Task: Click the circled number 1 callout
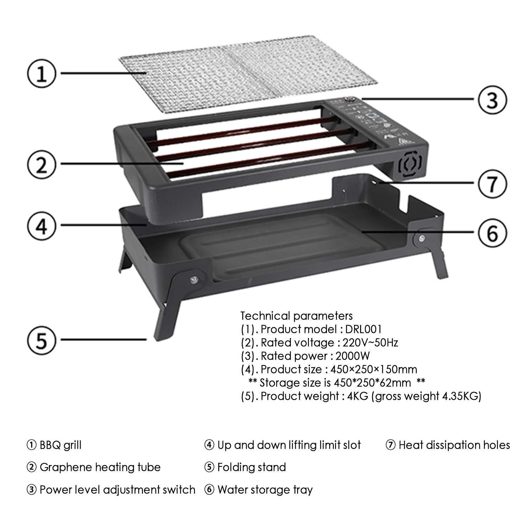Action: click(42, 73)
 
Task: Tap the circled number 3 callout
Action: click(492, 100)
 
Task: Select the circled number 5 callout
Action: click(42, 340)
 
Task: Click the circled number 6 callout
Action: click(492, 233)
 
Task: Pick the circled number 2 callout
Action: click(42, 164)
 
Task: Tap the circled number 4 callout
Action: click(42, 225)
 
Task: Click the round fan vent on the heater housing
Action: click(410, 165)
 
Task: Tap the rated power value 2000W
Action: click(353, 356)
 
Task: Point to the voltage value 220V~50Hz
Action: click(370, 343)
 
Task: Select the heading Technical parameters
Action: click(297, 316)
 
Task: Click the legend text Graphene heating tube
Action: click(100, 467)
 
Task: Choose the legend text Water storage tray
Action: click(265, 490)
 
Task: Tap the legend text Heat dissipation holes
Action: click(454, 445)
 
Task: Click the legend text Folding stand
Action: click(252, 467)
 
